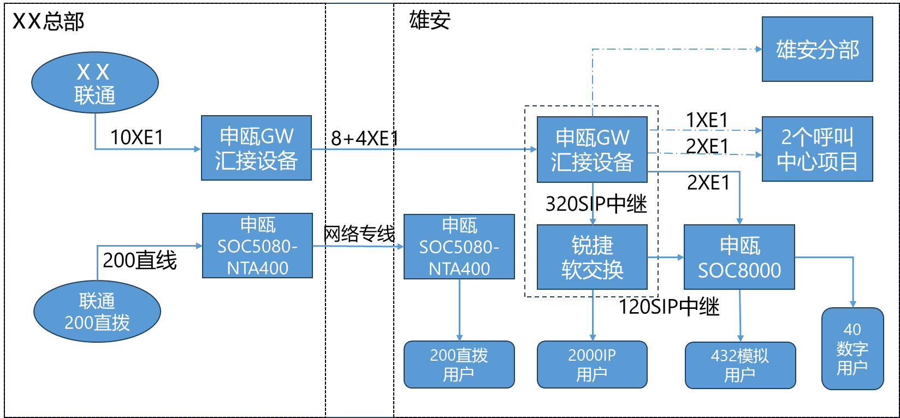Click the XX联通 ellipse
pyautogui.click(x=95, y=83)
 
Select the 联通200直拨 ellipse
pyautogui.click(x=97, y=312)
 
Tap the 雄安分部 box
pyautogui.click(x=817, y=49)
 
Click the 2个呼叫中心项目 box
pyautogui.click(x=817, y=149)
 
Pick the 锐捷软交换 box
pyautogui.click(x=592, y=257)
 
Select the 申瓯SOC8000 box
pyautogui.click(x=739, y=257)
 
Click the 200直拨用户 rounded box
pyautogui.click(x=459, y=365)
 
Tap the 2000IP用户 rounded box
pyautogui.click(x=592, y=365)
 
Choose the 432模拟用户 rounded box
pyautogui.click(x=740, y=365)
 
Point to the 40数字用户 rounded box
pyautogui.click(x=852, y=349)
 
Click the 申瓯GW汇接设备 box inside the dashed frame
pyautogui.click(x=592, y=150)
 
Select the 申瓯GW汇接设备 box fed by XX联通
pyautogui.click(x=256, y=148)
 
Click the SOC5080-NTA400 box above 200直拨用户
pyautogui.click(x=459, y=247)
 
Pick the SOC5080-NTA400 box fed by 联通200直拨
pyautogui.click(x=257, y=246)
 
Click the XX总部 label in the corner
pyautogui.click(x=48, y=22)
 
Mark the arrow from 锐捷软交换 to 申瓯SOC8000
pyautogui.click(x=666, y=257)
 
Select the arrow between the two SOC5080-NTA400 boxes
pyautogui.click(x=358, y=246)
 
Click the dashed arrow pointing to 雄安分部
pyautogui.click(x=677, y=49)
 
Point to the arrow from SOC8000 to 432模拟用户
pyautogui.click(x=740, y=315)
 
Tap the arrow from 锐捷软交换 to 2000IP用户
pyautogui.click(x=593, y=315)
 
